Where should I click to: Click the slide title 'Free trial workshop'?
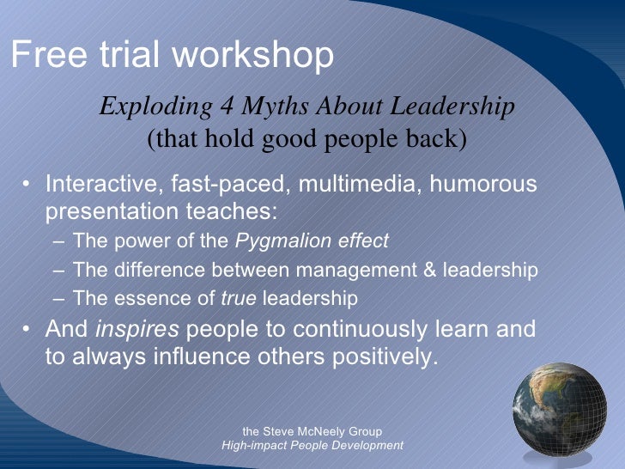point(172,56)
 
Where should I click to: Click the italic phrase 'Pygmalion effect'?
point(312,241)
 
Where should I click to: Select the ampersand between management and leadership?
point(429,271)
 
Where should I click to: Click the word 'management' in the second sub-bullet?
point(358,271)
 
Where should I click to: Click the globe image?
point(559,409)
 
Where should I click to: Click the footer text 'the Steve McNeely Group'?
point(312,431)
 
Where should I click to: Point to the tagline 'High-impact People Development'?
point(312,446)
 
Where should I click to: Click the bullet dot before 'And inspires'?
point(29,330)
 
